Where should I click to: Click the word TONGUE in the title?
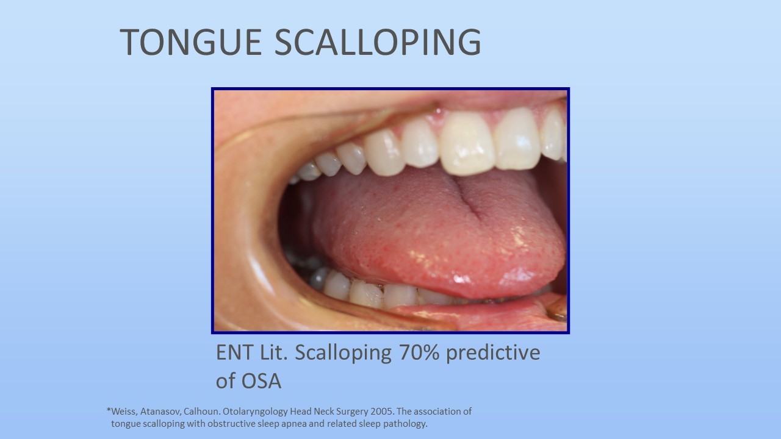click(191, 42)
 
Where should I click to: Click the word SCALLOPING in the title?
click(378, 42)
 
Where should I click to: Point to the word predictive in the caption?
click(493, 352)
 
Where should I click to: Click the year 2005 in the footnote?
click(383, 412)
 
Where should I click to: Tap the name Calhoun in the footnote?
click(202, 412)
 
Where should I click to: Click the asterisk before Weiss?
click(109, 410)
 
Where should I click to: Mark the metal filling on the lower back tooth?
click(319, 277)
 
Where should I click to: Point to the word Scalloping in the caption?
click(343, 352)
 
